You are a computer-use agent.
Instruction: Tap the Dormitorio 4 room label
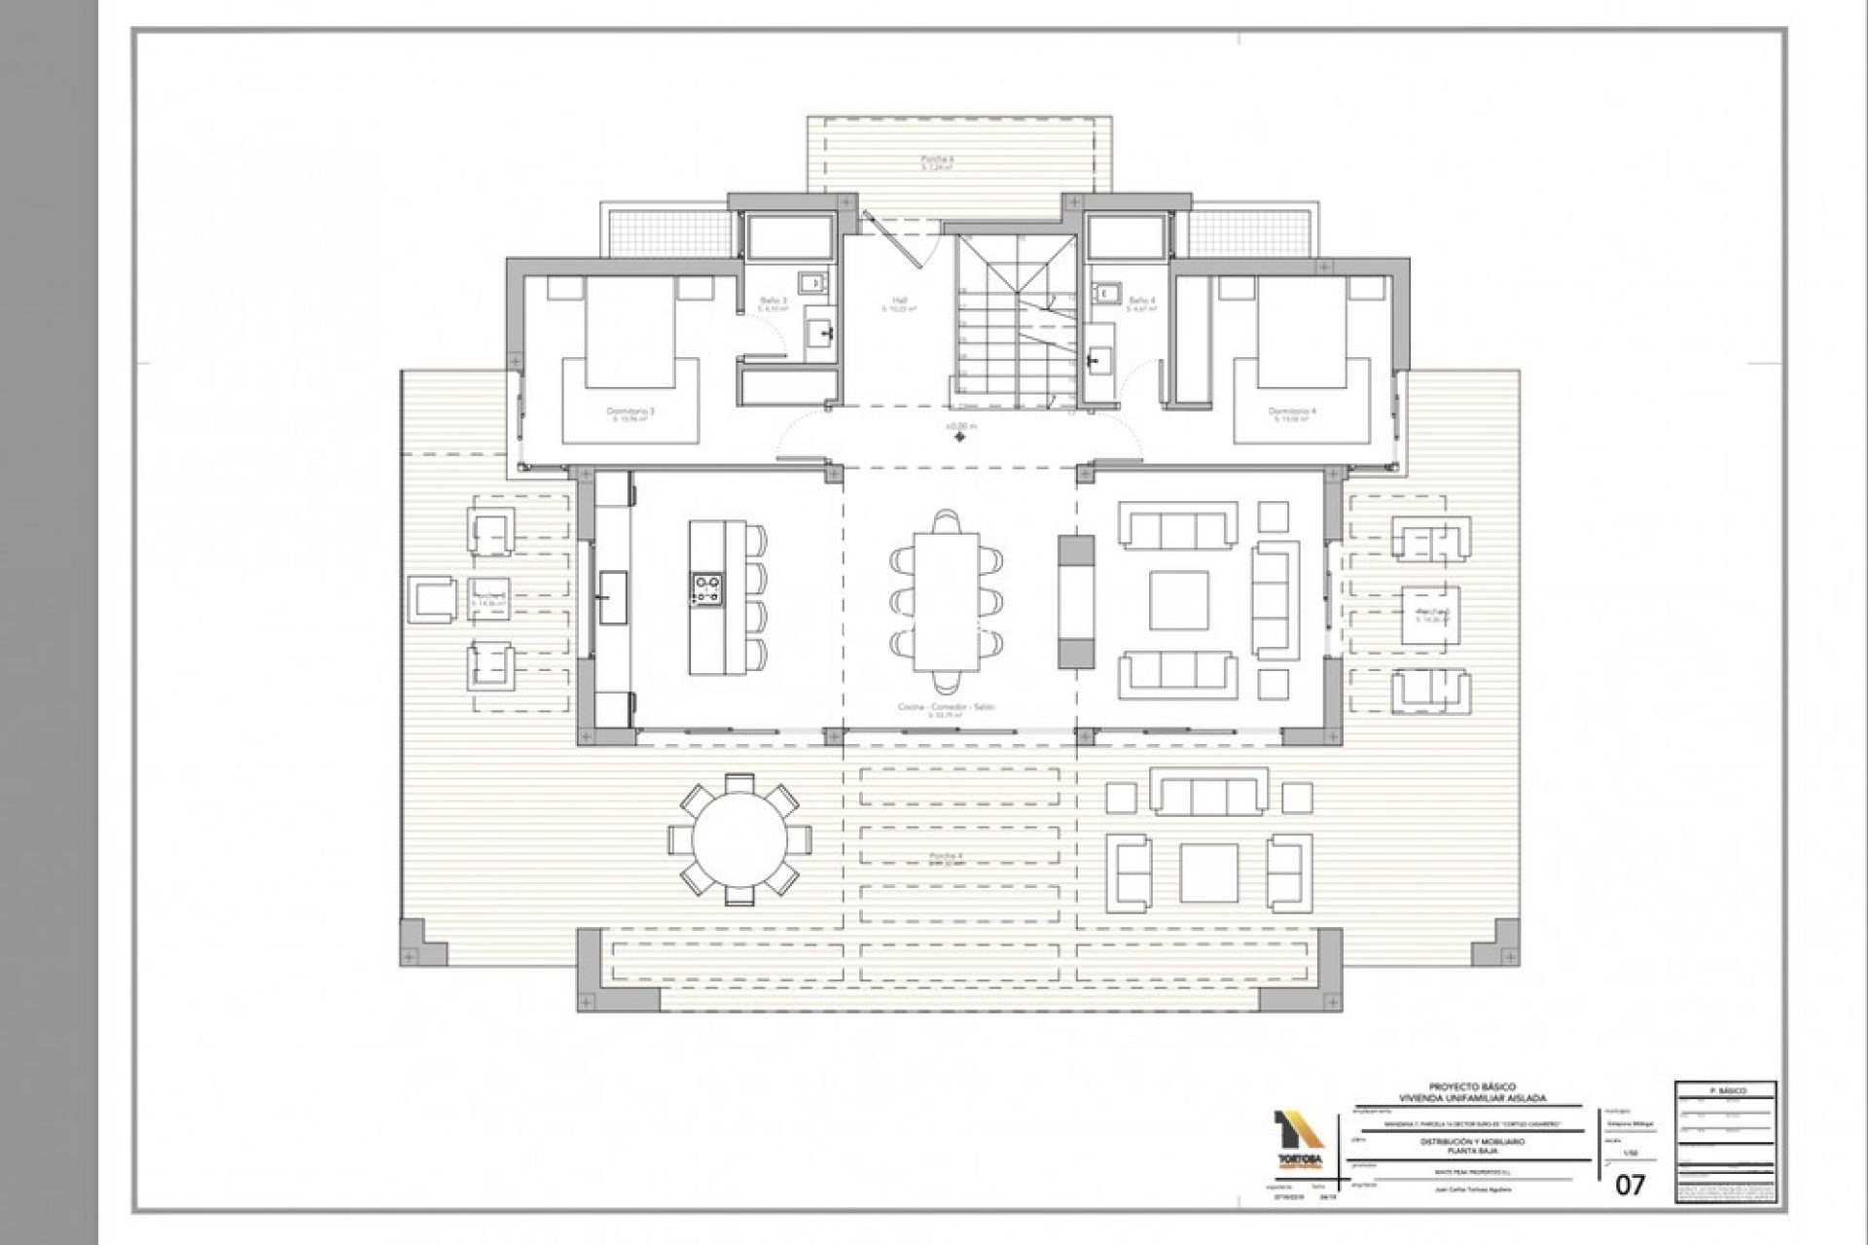(1292, 412)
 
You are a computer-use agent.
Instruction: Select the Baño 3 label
(773, 302)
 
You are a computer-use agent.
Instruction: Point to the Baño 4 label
(1141, 302)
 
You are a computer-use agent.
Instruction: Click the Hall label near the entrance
(899, 302)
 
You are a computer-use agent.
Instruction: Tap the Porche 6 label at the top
(938, 160)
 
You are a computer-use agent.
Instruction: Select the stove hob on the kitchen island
(707, 587)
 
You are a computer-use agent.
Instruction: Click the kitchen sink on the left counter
(613, 596)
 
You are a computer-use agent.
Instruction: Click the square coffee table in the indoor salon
(1178, 600)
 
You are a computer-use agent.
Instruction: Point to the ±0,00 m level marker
(960, 426)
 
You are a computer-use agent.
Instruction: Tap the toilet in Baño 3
(812, 283)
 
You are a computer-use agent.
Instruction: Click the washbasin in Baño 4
(1099, 361)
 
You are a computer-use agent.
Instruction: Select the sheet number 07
(1630, 1185)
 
